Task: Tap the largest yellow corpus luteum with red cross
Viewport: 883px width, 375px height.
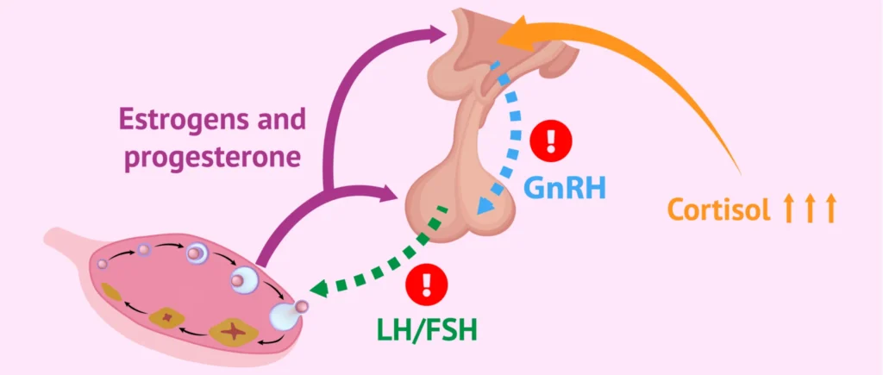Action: tap(234, 330)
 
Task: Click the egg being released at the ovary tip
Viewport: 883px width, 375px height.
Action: tap(302, 307)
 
